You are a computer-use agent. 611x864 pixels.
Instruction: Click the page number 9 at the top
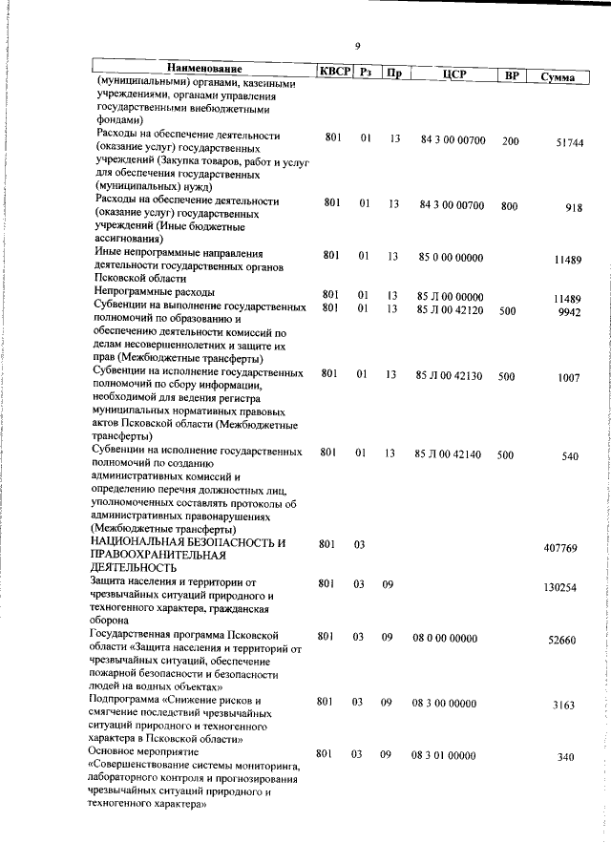point(357,46)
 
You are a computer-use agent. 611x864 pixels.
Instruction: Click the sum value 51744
point(569,142)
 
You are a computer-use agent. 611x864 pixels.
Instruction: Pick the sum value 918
point(573,208)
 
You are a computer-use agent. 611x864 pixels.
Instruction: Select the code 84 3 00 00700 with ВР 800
point(452,202)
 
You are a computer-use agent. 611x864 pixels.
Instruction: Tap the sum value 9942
point(569,311)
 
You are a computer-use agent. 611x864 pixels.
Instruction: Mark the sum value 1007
point(569,378)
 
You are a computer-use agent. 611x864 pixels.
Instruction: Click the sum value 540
point(570,456)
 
